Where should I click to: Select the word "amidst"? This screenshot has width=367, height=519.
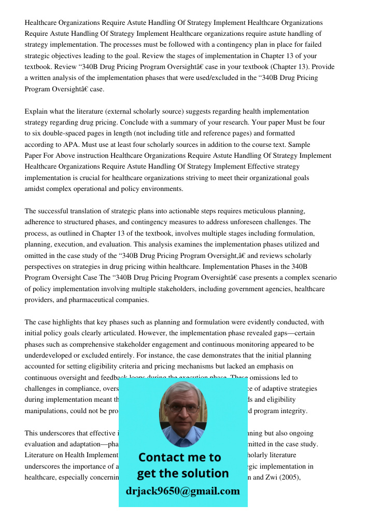tap(35, 189)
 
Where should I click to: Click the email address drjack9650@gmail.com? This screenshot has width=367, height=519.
tap(182, 491)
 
